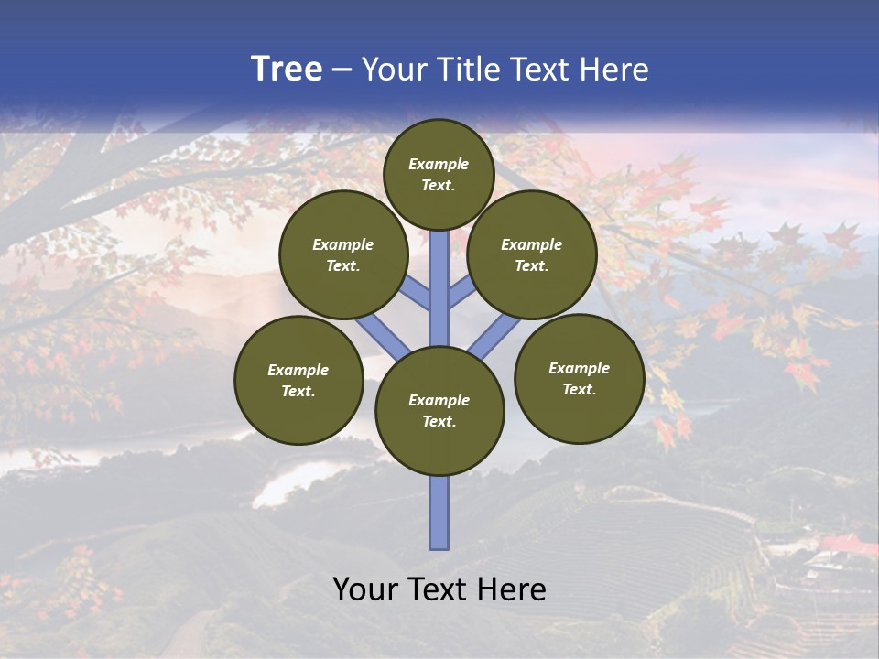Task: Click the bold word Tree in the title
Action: click(287, 70)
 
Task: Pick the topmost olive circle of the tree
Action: click(439, 174)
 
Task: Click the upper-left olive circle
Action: click(343, 254)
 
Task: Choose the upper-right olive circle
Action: click(532, 254)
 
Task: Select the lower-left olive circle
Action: click(298, 380)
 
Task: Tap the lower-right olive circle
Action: click(579, 378)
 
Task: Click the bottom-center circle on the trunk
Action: click(439, 410)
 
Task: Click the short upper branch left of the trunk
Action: click(414, 294)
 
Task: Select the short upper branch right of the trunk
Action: click(461, 290)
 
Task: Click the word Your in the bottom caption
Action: click(364, 589)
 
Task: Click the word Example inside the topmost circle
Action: click(439, 164)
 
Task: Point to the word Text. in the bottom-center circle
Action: click(439, 421)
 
